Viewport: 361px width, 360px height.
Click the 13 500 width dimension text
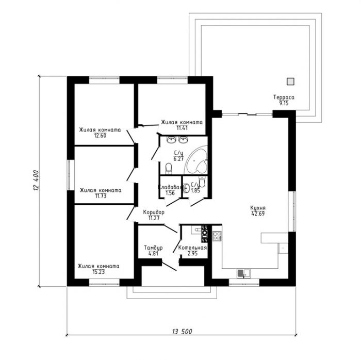click(182, 332)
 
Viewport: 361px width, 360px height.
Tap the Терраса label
click(284, 97)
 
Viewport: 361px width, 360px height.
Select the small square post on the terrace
click(290, 81)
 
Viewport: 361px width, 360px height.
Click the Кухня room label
click(258, 208)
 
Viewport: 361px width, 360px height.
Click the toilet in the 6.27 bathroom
click(169, 169)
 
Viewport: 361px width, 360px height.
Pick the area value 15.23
click(99, 272)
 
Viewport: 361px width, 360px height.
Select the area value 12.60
click(100, 136)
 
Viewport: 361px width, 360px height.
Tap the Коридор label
click(154, 212)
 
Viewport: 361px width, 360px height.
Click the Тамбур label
click(153, 248)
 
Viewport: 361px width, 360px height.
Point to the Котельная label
click(192, 248)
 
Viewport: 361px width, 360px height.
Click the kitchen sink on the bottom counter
click(244, 273)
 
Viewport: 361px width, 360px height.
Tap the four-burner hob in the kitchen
click(217, 236)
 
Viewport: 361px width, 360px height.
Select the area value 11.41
click(182, 128)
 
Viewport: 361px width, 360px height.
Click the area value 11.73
click(101, 196)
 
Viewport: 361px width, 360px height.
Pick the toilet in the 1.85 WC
click(202, 182)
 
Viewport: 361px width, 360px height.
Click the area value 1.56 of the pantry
click(170, 193)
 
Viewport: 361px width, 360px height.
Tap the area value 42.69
click(258, 214)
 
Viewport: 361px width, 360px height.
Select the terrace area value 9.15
click(284, 103)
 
